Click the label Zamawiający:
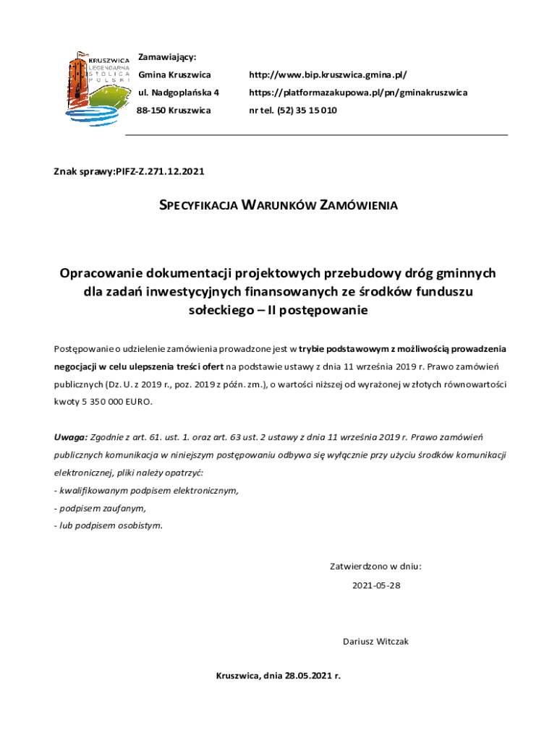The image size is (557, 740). coord(167,57)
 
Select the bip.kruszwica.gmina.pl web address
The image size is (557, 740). coord(328,75)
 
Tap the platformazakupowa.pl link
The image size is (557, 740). coord(358,92)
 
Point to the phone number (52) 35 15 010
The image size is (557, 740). coord(307,111)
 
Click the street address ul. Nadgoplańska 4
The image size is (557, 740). coord(179,92)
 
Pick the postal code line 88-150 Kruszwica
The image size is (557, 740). coord(174,111)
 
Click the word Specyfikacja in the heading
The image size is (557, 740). coord(197,205)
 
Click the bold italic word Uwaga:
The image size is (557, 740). coord(70,437)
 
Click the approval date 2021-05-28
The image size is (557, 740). coord(376,585)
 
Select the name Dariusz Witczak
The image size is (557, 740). coord(375,641)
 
